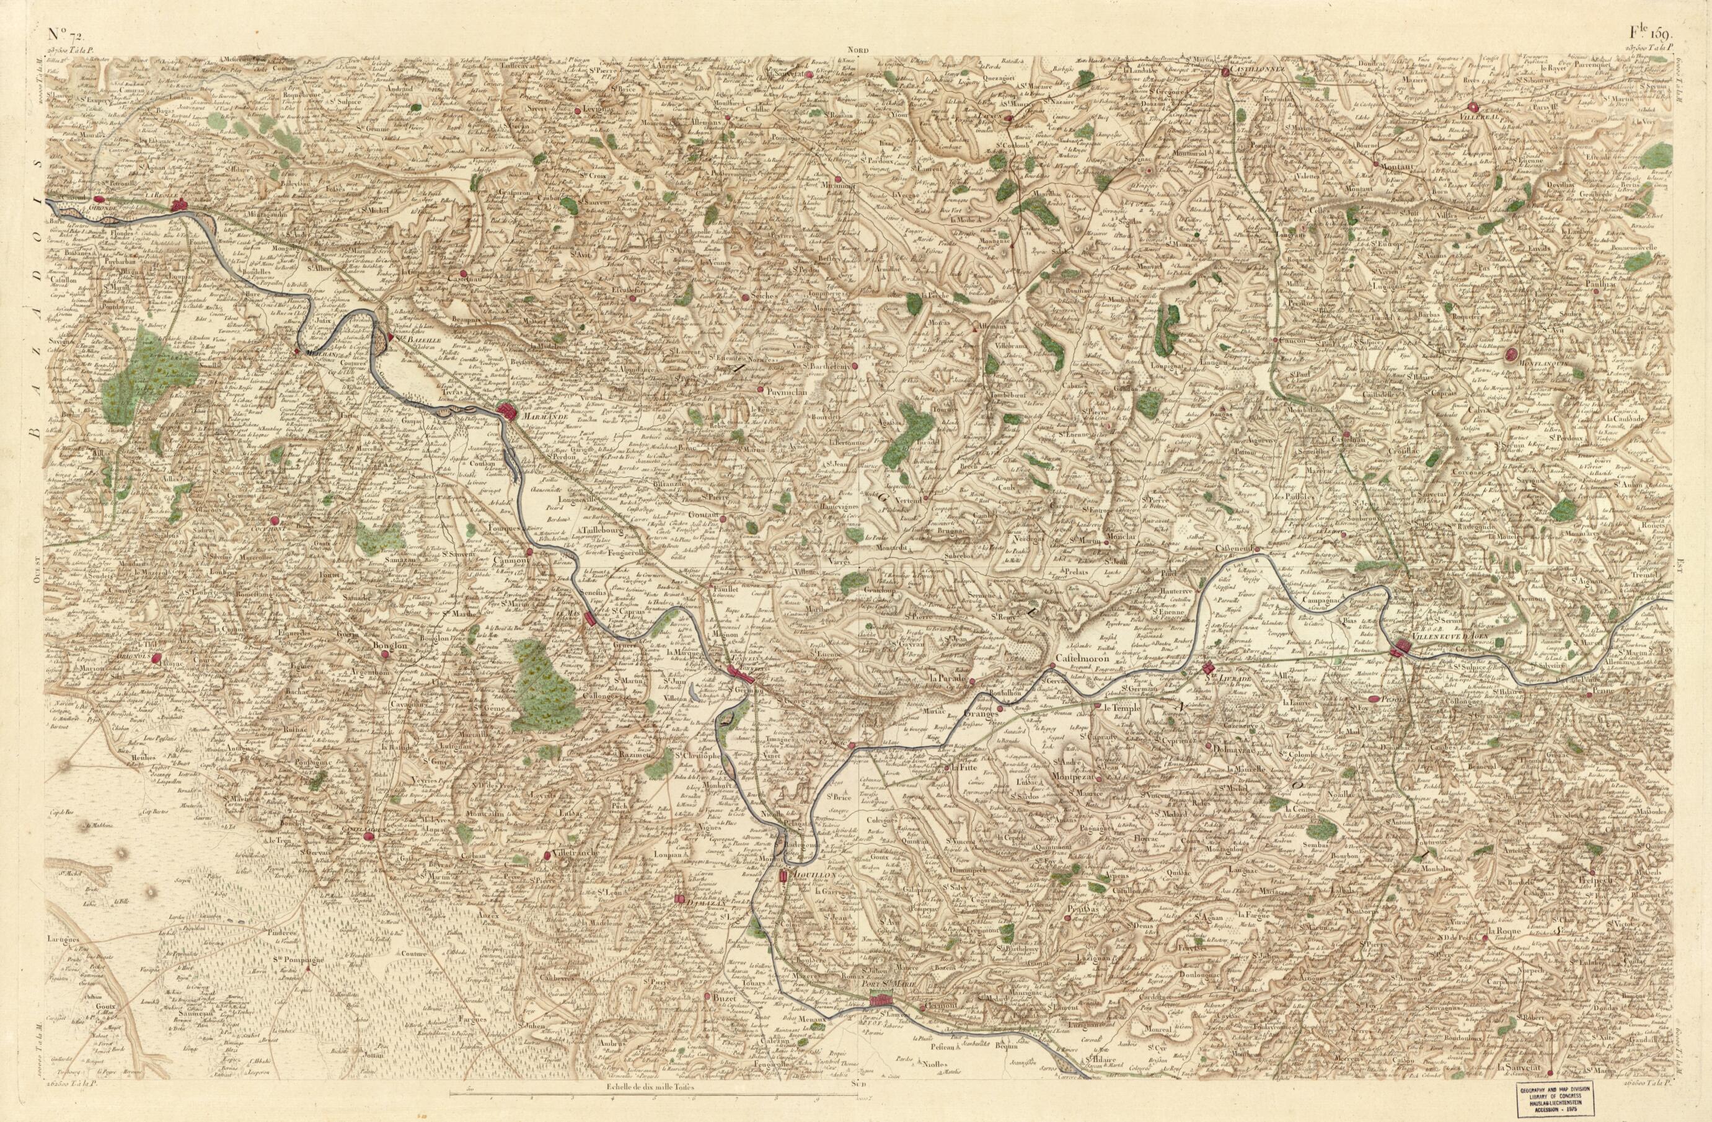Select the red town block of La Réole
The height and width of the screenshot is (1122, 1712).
(180, 206)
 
